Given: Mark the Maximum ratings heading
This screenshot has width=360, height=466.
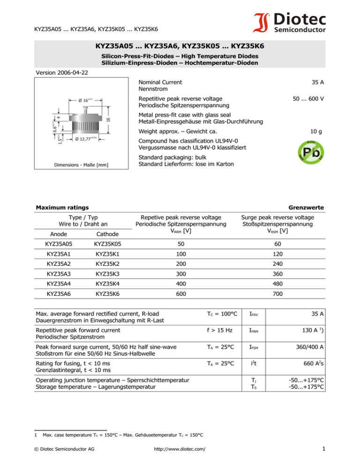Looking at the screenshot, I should (63, 207).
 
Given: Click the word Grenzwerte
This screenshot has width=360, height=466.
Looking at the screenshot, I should (307, 207).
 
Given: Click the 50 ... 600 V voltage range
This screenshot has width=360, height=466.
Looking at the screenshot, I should (309, 99).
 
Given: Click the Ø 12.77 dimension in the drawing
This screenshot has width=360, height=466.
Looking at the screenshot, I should (87, 139).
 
